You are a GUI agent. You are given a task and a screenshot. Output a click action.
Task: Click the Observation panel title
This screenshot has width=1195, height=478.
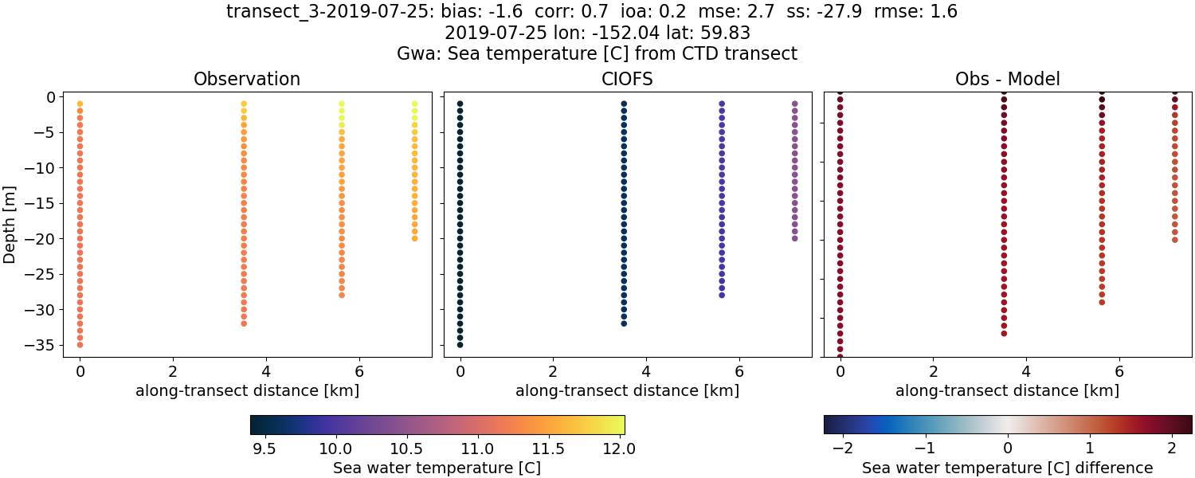tap(247, 80)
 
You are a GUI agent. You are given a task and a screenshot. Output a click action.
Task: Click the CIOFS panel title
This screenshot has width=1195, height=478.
tap(627, 80)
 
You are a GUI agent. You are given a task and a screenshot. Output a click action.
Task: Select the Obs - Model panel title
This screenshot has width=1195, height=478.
tap(1007, 80)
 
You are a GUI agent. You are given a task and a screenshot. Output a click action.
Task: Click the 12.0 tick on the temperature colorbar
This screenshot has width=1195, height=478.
tap(619, 449)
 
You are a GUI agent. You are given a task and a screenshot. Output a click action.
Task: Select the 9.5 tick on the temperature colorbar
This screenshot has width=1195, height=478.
tap(264, 449)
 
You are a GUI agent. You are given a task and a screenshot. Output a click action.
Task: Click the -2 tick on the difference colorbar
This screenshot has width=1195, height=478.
tap(840, 449)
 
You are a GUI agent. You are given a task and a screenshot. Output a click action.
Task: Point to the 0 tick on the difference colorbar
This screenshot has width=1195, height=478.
tap(1008, 449)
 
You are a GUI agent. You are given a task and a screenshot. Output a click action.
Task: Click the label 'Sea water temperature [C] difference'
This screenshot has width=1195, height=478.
tap(1007, 468)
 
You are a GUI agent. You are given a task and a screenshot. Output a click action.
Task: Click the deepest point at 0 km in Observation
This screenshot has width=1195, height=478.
tap(80, 345)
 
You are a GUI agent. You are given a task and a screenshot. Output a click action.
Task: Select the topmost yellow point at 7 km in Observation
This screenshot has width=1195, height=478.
tap(414, 104)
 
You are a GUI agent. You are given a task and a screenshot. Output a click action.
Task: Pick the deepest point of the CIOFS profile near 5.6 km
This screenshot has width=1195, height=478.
tap(722, 295)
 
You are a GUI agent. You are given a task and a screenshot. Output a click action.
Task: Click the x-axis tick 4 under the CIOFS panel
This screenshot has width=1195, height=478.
tap(646, 371)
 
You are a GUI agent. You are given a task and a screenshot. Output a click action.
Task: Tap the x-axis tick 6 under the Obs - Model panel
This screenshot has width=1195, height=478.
tap(1119, 371)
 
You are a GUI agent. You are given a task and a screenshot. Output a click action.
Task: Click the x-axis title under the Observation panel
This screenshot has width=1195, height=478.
tap(247, 391)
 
